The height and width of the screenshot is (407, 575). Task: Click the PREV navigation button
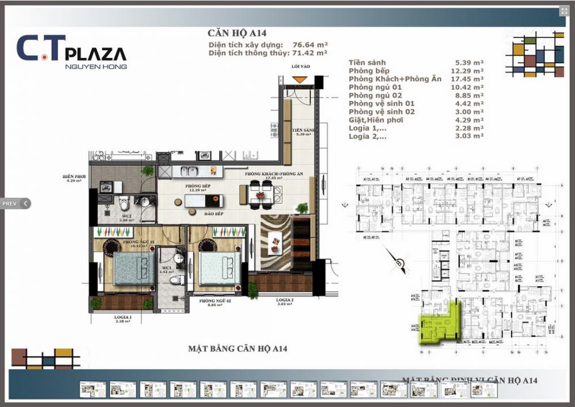point(16,203)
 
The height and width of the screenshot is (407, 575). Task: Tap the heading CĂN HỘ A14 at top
point(237,33)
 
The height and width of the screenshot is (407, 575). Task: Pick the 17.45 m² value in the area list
point(468,78)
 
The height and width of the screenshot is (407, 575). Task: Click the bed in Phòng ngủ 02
point(219,268)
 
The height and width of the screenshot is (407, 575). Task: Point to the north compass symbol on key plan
point(399,263)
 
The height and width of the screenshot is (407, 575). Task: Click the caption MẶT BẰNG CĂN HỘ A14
point(237,348)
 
